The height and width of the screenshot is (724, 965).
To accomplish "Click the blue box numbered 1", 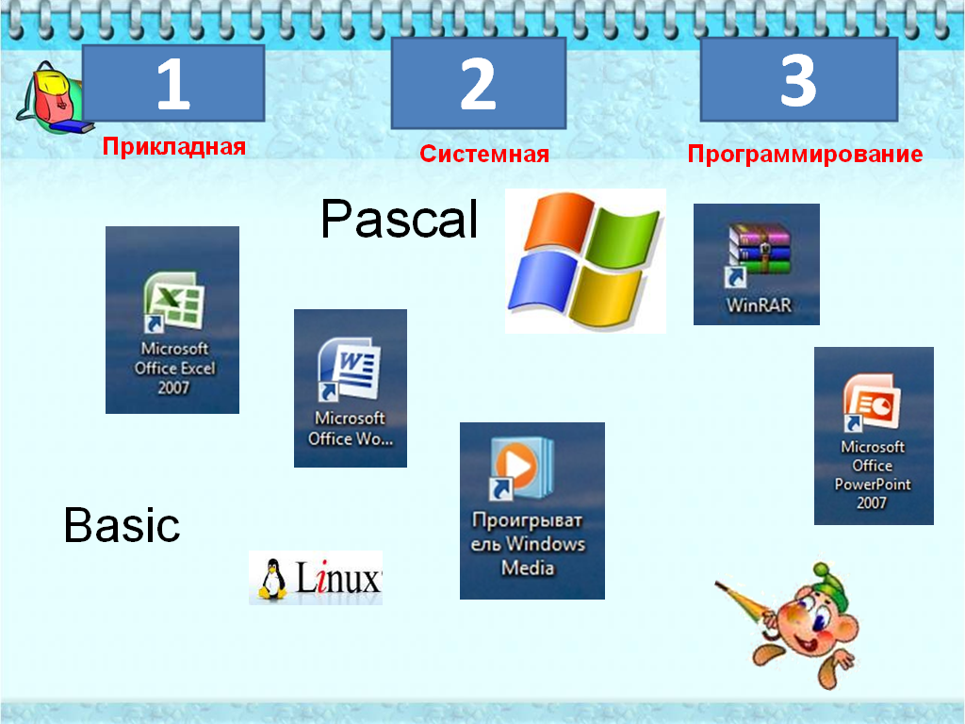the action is tap(173, 83).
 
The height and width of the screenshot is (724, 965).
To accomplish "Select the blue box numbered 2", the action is tap(478, 83).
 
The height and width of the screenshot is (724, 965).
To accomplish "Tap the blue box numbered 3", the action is tap(799, 79).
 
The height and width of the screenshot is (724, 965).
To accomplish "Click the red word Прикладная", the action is tap(174, 146).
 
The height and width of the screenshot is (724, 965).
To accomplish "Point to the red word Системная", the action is tap(484, 154).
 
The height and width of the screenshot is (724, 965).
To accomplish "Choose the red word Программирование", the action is tap(805, 154).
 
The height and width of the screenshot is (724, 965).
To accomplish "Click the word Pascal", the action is tap(400, 219).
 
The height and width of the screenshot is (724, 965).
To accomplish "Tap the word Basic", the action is tap(122, 525).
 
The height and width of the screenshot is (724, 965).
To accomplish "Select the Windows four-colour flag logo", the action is tap(585, 260).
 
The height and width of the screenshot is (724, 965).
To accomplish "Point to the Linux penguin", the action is tap(272, 579).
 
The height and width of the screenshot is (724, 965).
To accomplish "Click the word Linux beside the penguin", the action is tap(338, 578).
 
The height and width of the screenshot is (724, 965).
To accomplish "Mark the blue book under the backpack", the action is tap(72, 127).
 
